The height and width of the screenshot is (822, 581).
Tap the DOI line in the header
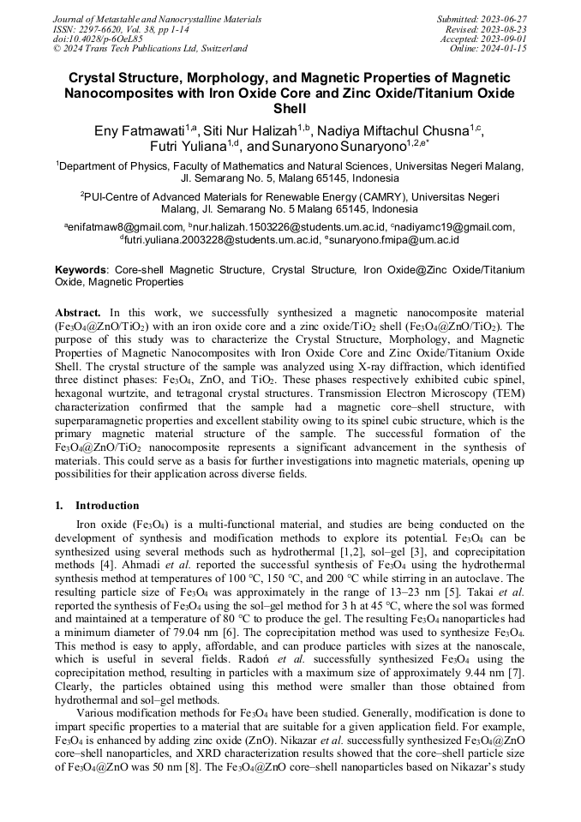(x=98, y=39)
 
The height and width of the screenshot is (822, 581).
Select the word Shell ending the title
(x=290, y=110)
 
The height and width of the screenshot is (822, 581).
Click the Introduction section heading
(x=107, y=506)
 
